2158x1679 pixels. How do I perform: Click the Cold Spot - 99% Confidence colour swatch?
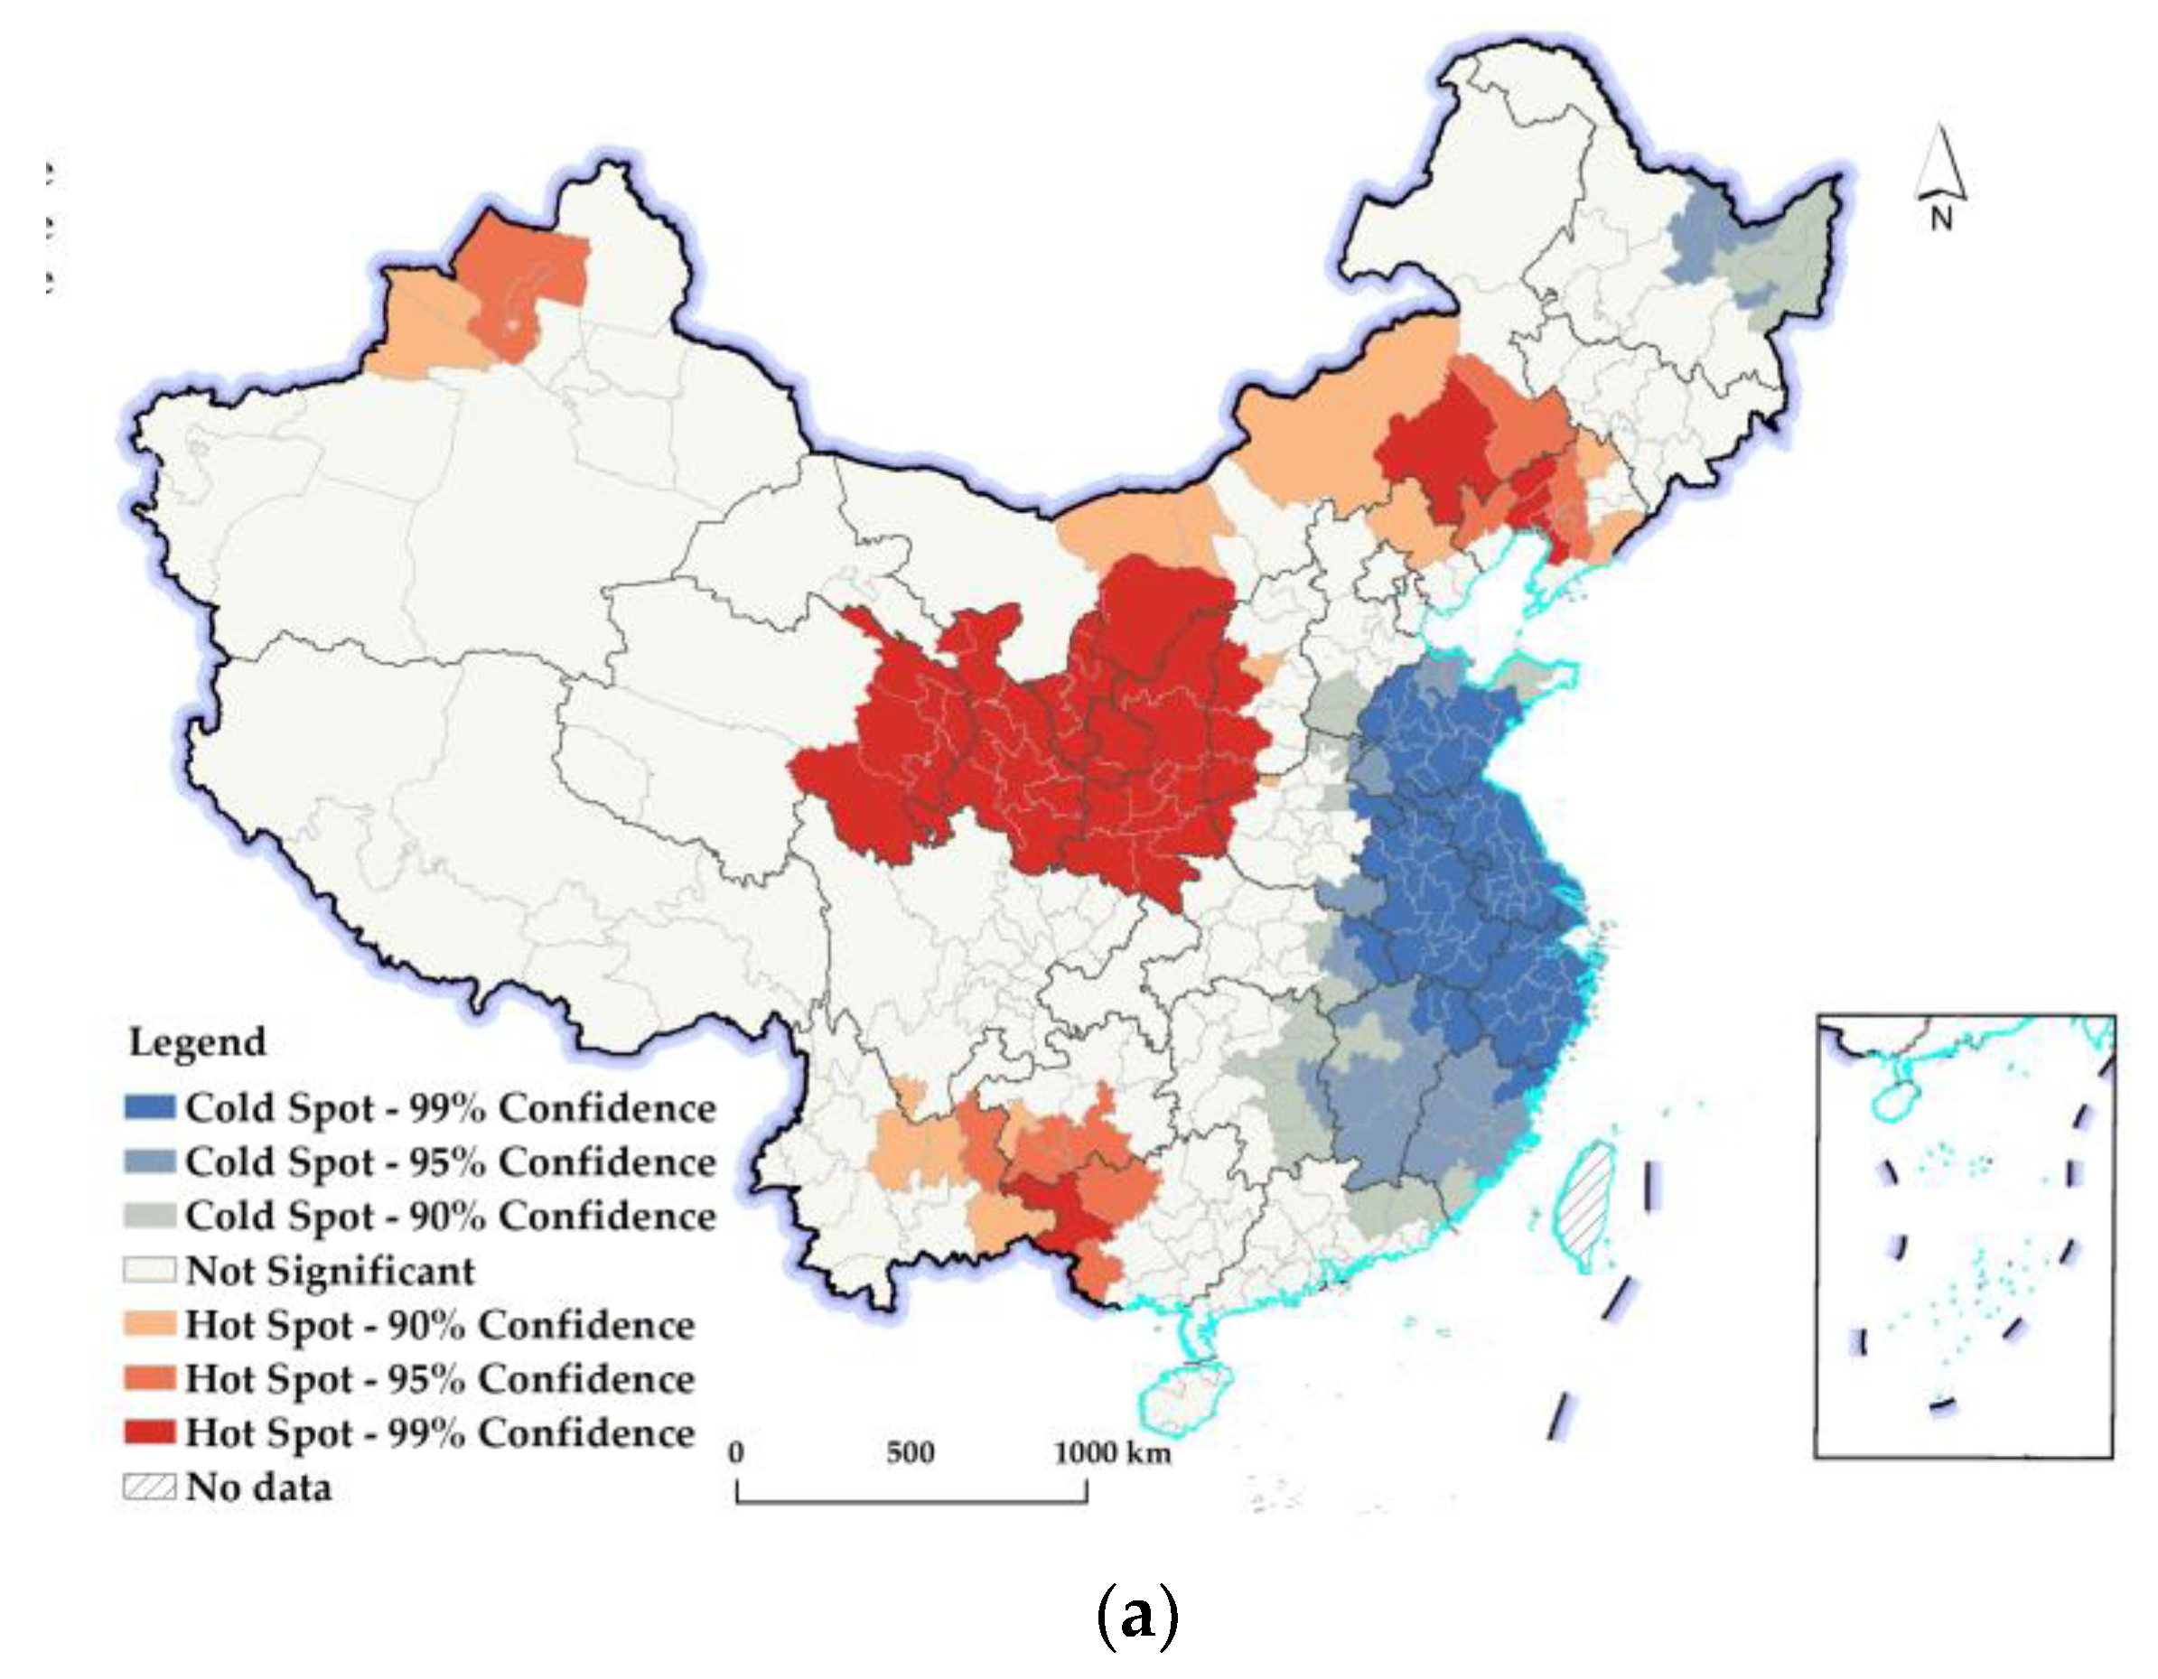pyautogui.click(x=149, y=1106)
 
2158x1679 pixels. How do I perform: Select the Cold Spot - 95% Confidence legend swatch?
pyautogui.click(x=149, y=1161)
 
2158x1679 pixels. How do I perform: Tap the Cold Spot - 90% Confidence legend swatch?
pyautogui.click(x=149, y=1216)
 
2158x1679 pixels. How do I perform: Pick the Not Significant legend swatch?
pyautogui.click(x=149, y=1270)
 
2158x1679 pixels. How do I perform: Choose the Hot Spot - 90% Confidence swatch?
pyautogui.click(x=149, y=1324)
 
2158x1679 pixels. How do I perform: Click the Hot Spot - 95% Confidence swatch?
pyautogui.click(x=149, y=1378)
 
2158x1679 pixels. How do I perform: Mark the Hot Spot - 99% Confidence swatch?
pyautogui.click(x=149, y=1432)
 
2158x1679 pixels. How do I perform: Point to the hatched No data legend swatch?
pyautogui.click(x=149, y=1487)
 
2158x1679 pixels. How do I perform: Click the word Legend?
pyautogui.click(x=198, y=1042)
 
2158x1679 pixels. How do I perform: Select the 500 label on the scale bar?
pyautogui.click(x=910, y=1452)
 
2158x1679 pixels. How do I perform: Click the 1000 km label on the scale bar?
pyautogui.click(x=1112, y=1452)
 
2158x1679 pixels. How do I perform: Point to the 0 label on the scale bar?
pyautogui.click(x=736, y=1452)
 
